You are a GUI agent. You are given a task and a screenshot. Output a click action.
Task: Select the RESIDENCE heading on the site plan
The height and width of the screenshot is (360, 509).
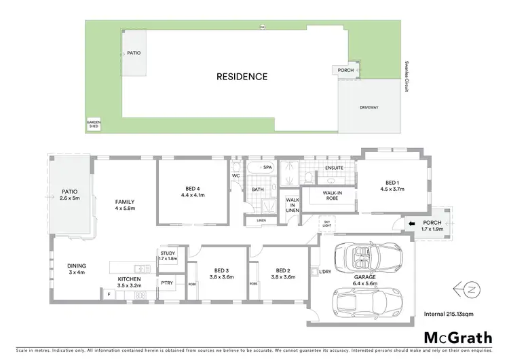[242, 76]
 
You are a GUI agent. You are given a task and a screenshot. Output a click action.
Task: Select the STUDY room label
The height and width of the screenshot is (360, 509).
[167, 256]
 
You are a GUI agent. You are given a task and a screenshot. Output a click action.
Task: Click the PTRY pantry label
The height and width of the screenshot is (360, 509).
[166, 283]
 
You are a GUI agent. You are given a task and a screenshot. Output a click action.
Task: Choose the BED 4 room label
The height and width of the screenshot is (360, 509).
[191, 192]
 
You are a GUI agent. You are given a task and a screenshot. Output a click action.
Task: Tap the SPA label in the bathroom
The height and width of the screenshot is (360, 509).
[267, 166]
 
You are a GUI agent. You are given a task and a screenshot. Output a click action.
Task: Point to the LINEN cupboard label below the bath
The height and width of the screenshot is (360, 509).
[261, 221]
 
